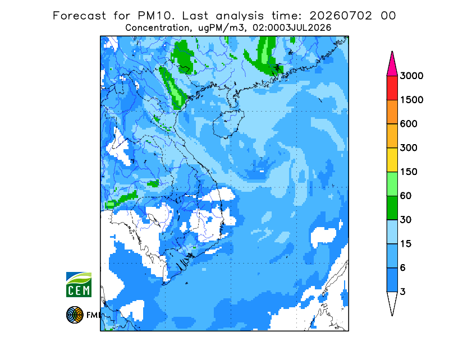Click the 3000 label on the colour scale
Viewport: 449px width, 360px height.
coord(411,76)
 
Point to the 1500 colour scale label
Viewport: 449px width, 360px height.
coord(411,100)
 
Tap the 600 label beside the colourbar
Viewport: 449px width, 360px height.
coord(409,124)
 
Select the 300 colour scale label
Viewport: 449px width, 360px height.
coord(409,148)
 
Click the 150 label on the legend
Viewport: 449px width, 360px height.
coord(409,172)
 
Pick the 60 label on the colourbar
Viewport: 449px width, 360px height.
coord(406,196)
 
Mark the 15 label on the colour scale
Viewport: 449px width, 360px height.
coord(406,244)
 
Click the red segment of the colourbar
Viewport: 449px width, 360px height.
coord(392,88)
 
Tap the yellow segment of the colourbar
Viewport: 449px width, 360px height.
coord(392,160)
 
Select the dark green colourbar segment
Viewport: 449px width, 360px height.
coord(392,208)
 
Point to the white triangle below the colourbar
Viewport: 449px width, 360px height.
coord(392,302)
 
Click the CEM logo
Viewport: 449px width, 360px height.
coord(79,284)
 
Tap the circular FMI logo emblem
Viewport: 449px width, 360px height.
coord(75,315)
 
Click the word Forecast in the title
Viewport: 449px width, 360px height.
coord(79,16)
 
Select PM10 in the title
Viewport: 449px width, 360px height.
coord(156,16)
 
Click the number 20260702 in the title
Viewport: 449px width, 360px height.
coord(341,16)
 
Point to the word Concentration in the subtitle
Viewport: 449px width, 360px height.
coord(157,28)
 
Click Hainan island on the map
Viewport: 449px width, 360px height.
coord(228,123)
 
